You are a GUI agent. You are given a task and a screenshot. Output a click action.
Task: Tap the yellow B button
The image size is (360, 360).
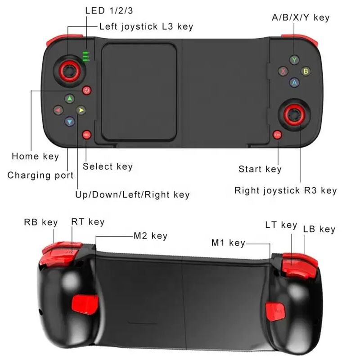tap(306, 71)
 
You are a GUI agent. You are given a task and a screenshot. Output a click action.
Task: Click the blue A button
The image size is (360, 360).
tap(294, 82)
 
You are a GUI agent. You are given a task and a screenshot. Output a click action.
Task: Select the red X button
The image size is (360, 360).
tap(283, 71)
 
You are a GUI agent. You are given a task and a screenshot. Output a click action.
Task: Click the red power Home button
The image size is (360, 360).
tap(86, 90)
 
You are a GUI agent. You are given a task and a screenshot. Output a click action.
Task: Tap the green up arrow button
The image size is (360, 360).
tap(70, 99)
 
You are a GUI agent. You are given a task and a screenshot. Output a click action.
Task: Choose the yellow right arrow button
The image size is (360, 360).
tap(81, 110)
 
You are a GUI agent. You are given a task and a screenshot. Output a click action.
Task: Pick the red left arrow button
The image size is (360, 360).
tap(58, 110)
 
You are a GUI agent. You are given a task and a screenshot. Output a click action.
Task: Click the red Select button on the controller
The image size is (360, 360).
tap(86, 135)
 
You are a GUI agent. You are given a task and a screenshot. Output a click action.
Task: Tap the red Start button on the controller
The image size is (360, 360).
tap(277, 135)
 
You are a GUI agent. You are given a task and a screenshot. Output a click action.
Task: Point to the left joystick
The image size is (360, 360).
tap(70, 71)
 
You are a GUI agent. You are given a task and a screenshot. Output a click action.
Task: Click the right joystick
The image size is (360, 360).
tap(295, 115)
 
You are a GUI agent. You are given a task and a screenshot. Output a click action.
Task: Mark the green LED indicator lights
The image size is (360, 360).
tap(86, 57)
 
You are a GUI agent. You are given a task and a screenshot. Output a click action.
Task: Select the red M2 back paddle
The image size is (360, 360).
tap(85, 305)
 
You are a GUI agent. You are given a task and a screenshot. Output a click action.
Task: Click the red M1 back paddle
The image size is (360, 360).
tap(275, 311)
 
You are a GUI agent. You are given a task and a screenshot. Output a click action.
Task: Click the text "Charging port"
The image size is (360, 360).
tap(40, 175)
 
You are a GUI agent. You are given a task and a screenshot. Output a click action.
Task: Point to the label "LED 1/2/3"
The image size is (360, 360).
tap(109, 11)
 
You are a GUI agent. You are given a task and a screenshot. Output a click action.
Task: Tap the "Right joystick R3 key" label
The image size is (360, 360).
tap(286, 190)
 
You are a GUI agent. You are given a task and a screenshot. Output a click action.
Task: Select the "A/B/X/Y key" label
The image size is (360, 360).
tap(301, 18)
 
